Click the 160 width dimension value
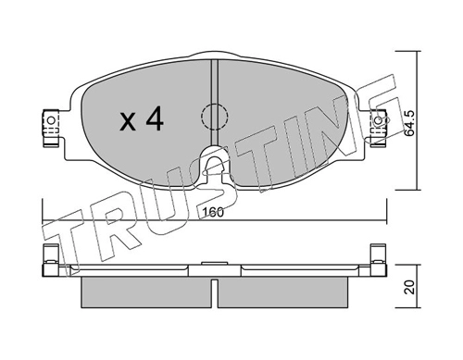click(x=213, y=212)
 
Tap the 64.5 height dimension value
click(x=410, y=123)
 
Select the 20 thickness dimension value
click(x=410, y=287)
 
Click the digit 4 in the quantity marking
click(x=155, y=118)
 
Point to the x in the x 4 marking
click(x=128, y=121)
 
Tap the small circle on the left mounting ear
click(x=52, y=119)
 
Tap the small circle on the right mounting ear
click(x=378, y=120)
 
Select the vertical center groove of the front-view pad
click(x=215, y=102)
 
